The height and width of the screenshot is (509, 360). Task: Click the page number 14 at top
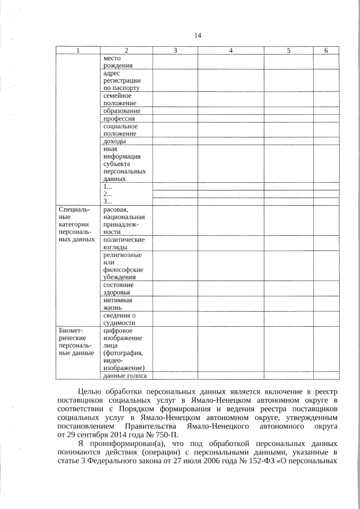(x=197, y=35)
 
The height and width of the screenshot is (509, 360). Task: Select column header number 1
(x=78, y=51)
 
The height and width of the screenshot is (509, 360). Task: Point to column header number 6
(x=326, y=51)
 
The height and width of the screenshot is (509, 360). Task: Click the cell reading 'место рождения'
(x=116, y=61)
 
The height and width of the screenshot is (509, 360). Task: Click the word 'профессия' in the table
(x=119, y=119)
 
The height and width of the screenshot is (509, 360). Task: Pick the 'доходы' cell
(x=114, y=141)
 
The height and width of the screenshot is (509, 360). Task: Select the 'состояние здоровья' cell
(x=118, y=289)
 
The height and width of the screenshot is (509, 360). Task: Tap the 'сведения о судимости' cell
(x=119, y=319)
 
